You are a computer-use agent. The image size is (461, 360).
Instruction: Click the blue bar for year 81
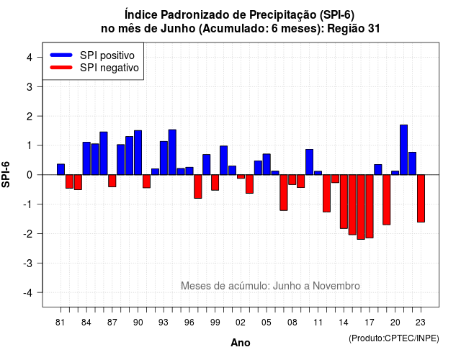tap(61, 169)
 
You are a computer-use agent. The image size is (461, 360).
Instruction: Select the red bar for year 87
tap(112, 181)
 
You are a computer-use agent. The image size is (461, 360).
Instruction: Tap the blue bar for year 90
tap(138, 153)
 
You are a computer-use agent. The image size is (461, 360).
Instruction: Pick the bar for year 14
tap(344, 202)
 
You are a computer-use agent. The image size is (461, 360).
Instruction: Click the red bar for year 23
tap(421, 199)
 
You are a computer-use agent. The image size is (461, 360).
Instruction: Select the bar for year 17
tap(370, 207)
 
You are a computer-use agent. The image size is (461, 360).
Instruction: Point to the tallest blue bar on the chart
tap(403, 150)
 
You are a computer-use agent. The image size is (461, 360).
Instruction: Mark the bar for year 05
tap(267, 164)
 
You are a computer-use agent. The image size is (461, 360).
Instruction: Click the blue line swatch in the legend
tap(61, 55)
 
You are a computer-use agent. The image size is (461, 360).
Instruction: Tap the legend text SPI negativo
tap(109, 68)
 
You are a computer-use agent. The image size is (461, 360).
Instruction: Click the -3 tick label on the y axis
tap(28, 263)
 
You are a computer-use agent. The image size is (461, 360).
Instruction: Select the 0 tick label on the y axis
tap(30, 175)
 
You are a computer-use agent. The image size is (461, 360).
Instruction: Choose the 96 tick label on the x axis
tap(189, 323)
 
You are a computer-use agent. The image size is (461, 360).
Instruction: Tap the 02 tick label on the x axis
tap(241, 323)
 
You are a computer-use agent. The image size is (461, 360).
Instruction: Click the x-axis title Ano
tap(241, 343)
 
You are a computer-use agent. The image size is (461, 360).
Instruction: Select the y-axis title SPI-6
tap(6, 174)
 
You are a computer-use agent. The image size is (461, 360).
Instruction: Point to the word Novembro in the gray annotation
tap(336, 286)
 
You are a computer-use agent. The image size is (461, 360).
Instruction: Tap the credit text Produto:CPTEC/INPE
tap(394, 338)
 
